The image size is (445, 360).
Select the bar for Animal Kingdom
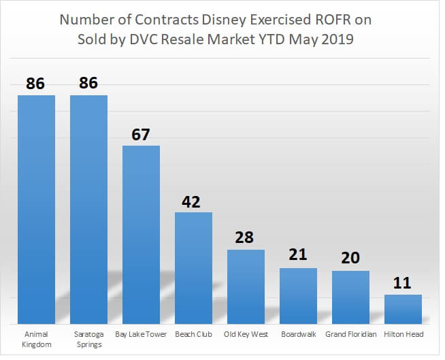tap(36, 209)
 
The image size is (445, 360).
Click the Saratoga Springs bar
tap(88, 209)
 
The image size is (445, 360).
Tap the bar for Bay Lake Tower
tap(141, 234)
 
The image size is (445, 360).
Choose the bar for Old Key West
tap(246, 287)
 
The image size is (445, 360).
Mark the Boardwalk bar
tap(298, 295)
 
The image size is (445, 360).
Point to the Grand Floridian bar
tap(350, 297)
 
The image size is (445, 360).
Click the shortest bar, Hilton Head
tap(403, 309)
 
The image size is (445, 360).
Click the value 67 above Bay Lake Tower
tap(141, 134)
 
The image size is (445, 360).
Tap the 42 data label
tap(193, 201)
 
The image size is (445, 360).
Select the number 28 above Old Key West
tap(246, 239)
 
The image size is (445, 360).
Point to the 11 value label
tap(403, 283)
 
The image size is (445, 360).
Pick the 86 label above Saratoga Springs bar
tap(88, 84)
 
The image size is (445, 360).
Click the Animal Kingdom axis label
tap(36, 339)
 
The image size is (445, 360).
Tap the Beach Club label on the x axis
tap(193, 334)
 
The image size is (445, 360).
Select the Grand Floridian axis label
tap(350, 334)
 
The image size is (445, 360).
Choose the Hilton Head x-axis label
tap(403, 334)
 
